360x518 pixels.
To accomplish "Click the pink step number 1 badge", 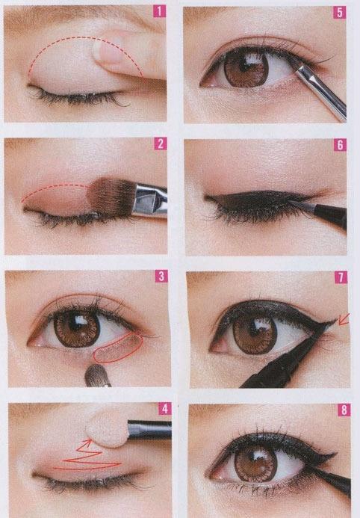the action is coord(159,12).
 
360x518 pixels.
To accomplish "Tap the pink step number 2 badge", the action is coord(161,144).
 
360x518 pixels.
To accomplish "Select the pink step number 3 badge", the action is coord(161,276).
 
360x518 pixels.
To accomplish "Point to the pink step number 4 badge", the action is coord(165,409).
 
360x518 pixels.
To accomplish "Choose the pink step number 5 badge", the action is coord(340,13).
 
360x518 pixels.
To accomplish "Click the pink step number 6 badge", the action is coord(340,145).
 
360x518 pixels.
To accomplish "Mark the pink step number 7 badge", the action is coord(341,277).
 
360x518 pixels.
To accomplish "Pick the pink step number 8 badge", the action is coord(344,410).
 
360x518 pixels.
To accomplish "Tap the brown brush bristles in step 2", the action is coord(111,197).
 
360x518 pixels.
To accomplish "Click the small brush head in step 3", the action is coord(97,376).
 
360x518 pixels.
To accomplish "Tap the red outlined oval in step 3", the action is coord(118,349).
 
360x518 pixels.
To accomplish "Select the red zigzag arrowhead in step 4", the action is coord(87,443).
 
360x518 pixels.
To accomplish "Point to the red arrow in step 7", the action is coord(343,320).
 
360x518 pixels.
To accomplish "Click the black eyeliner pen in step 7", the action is coord(284,357).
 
